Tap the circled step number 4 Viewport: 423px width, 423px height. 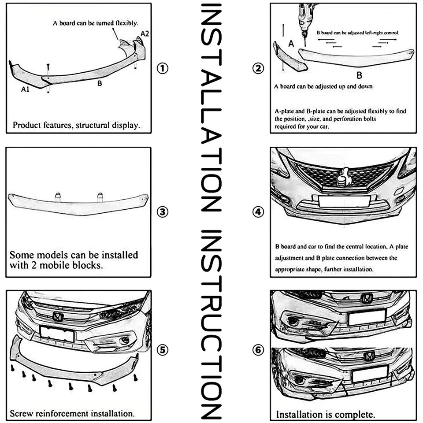[x=258, y=212]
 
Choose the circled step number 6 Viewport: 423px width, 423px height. [x=258, y=350]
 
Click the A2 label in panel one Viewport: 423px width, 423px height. [x=145, y=33]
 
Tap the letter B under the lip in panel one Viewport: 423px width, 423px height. [x=100, y=82]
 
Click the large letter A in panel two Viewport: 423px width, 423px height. [x=290, y=43]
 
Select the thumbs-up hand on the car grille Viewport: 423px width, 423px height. [x=343, y=179]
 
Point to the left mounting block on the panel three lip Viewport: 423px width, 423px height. [x=57, y=197]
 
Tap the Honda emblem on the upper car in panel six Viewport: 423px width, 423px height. [x=366, y=298]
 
